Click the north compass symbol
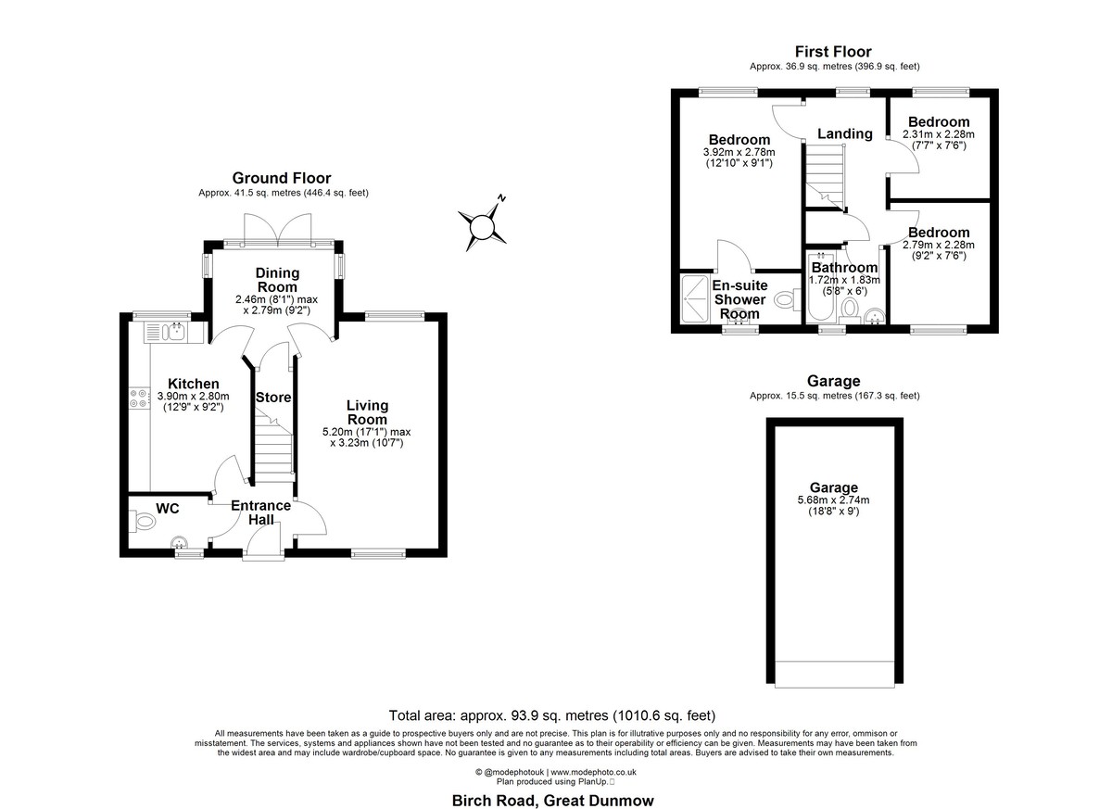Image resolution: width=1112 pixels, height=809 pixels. click(483, 226)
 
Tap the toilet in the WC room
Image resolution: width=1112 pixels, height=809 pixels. click(142, 521)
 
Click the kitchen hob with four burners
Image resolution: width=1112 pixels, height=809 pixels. click(140, 399)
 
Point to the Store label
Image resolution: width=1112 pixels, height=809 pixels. click(273, 397)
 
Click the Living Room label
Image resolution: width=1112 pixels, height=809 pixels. click(367, 412)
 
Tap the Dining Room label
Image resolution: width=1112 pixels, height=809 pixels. click(277, 280)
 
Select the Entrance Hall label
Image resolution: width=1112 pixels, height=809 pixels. click(261, 512)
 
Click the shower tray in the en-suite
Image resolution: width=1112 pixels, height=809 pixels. click(694, 298)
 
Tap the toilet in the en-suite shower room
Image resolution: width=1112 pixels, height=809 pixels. click(787, 299)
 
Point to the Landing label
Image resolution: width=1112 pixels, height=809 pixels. click(845, 133)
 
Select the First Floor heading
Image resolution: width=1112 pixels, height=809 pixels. click(833, 52)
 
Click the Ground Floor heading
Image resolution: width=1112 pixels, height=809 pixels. click(282, 178)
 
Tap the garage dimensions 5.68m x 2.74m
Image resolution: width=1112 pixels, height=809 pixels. click(833, 500)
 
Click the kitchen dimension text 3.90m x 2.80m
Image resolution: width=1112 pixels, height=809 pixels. click(193, 396)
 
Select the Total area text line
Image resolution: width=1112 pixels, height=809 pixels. click(552, 715)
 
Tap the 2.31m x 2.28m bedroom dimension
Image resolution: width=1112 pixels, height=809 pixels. click(938, 134)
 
